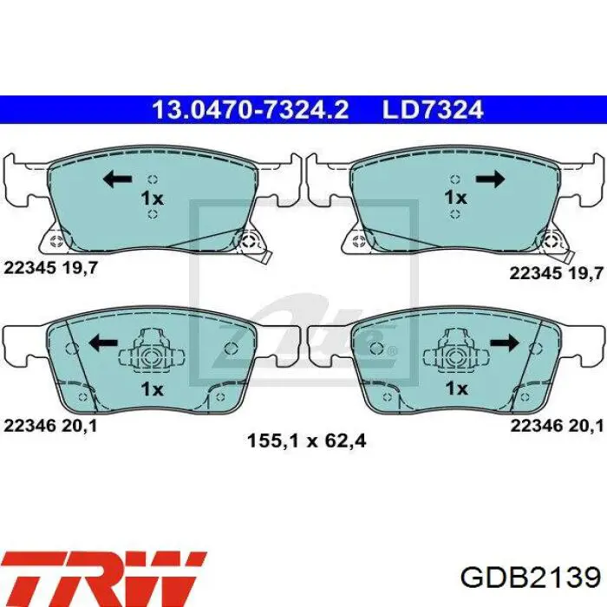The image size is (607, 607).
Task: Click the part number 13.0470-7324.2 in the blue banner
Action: coord(251,109)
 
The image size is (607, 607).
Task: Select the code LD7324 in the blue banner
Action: coord(433,109)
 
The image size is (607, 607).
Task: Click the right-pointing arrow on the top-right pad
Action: coord(490,179)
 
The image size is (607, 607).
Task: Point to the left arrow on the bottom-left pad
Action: coord(103,343)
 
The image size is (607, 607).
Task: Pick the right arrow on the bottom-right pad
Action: coord(505,343)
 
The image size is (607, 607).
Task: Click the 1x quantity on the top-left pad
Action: coord(152,199)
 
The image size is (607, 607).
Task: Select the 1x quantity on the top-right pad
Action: coord(455,197)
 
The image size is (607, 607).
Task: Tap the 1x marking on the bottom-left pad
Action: coord(152,388)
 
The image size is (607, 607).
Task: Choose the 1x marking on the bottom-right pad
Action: coord(457,388)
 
